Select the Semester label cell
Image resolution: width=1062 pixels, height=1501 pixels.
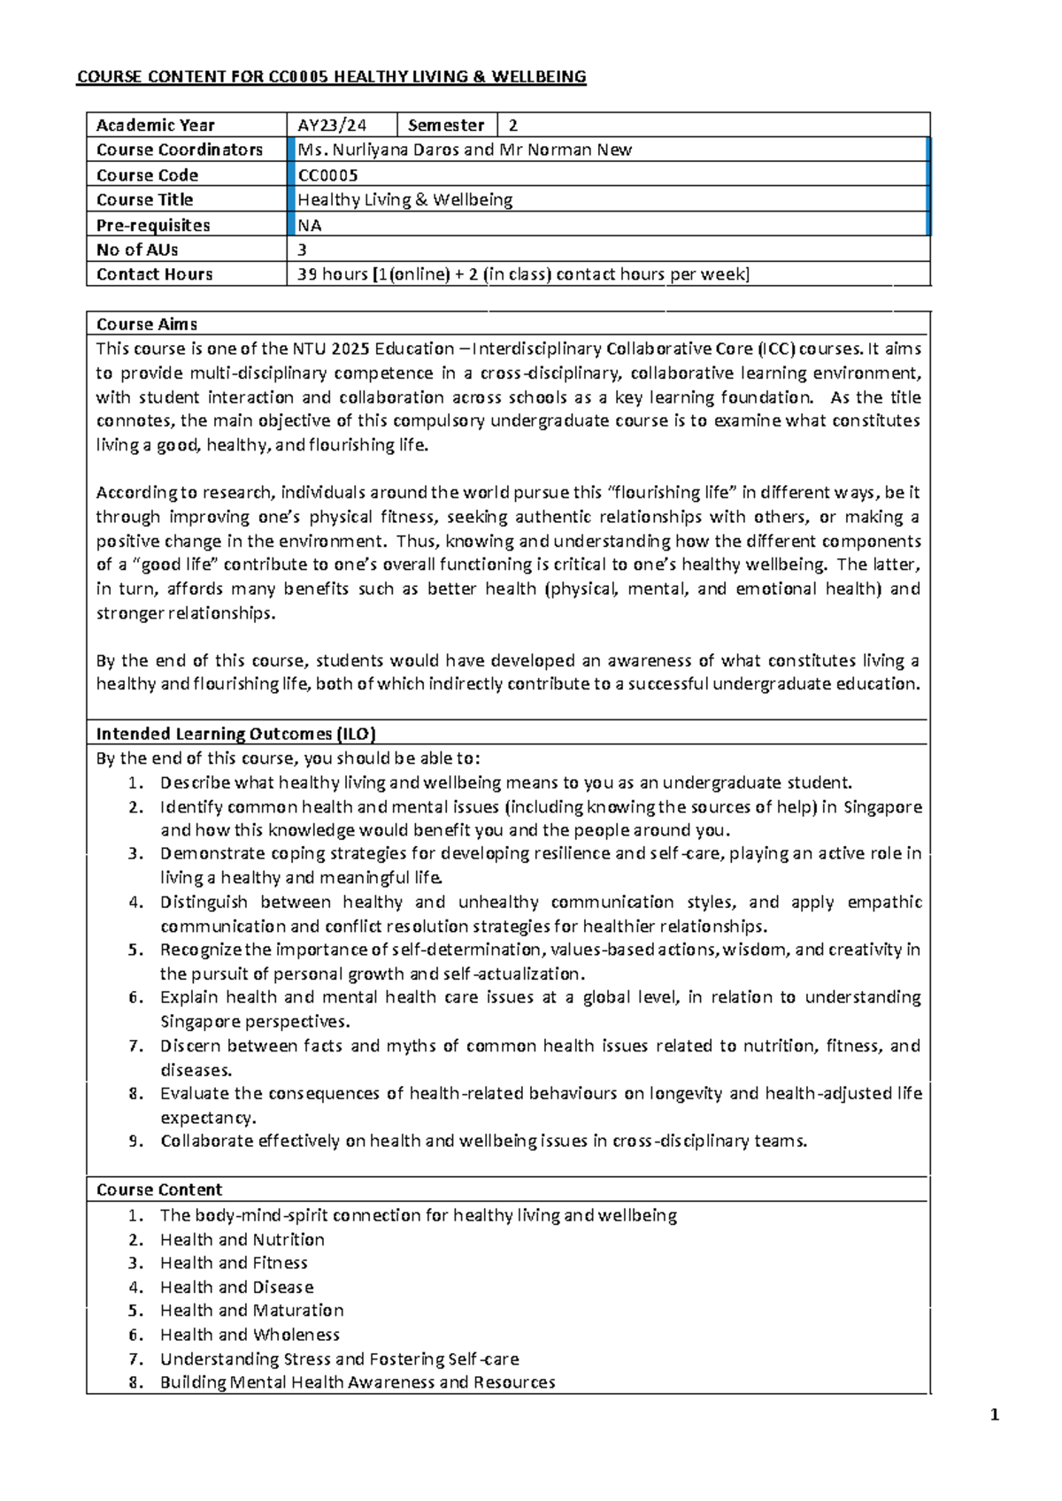(446, 125)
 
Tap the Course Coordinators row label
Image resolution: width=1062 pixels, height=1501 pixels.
(180, 150)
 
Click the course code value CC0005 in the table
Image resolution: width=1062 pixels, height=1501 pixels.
(328, 175)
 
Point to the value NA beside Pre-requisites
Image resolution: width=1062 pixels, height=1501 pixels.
(310, 225)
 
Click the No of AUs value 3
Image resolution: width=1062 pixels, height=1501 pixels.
(303, 250)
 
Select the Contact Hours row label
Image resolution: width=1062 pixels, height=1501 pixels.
(155, 274)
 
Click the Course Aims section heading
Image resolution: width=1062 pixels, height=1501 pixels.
(147, 324)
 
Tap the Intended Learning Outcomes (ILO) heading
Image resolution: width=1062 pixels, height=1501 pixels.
(235, 734)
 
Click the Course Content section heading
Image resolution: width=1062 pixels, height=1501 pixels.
(159, 1189)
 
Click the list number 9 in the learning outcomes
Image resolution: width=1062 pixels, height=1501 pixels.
(135, 1141)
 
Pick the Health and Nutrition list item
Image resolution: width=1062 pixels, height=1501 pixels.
(242, 1239)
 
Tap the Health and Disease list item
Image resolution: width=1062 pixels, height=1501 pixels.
(236, 1287)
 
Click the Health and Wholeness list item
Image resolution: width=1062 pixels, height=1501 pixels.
(250, 1335)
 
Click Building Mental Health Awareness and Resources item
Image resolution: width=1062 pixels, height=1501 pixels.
(358, 1382)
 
